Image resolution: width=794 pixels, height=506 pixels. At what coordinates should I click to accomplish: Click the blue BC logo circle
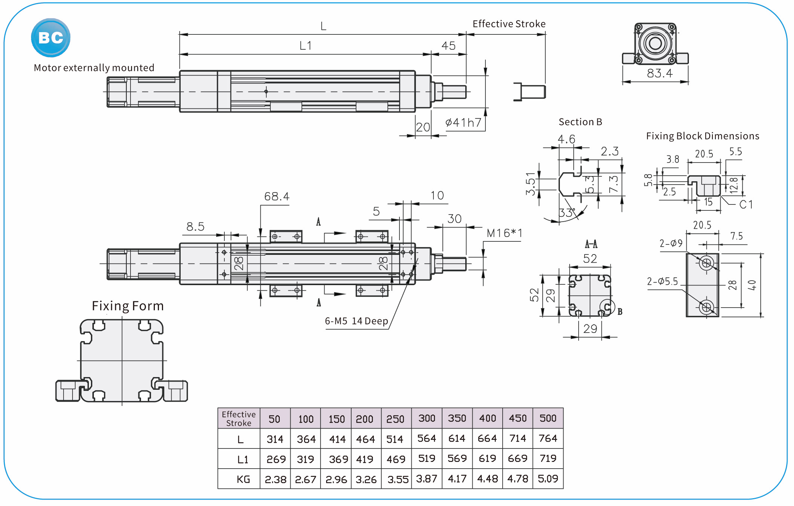coord(50,38)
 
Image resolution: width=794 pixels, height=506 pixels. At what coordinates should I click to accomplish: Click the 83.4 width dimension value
coord(660,73)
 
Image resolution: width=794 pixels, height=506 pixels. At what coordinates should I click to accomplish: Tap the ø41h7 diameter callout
coord(463,123)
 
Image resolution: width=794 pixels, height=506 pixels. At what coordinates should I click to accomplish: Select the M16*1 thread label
coord(504,233)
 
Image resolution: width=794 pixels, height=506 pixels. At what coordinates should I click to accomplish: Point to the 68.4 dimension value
coord(277,197)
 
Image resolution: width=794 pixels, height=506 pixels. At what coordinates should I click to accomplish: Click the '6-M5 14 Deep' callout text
coord(356,321)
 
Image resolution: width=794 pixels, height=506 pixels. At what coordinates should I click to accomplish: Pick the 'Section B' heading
coord(580,122)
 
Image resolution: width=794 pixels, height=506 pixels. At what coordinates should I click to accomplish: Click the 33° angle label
coord(567,213)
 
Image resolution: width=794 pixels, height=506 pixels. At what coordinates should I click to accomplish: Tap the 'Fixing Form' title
coord(128,306)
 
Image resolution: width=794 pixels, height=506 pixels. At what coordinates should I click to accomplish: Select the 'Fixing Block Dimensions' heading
coord(702,136)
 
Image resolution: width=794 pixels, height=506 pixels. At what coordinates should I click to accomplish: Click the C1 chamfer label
coord(746,204)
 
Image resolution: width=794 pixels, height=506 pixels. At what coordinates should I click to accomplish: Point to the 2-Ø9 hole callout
coord(671,244)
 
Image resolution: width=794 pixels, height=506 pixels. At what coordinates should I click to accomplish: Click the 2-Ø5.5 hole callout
coord(662,281)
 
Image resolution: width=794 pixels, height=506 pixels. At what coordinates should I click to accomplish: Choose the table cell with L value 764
coord(548,438)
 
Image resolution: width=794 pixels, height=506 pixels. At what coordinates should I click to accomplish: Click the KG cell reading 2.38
coord(276,479)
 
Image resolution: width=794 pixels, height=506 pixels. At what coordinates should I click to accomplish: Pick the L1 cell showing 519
coord(427,459)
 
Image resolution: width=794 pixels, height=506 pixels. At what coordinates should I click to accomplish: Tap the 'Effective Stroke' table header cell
coord(239,419)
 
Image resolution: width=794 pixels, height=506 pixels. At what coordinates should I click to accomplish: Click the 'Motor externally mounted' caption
coord(94,68)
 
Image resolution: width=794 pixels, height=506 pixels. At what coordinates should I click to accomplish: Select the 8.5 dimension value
coord(195,226)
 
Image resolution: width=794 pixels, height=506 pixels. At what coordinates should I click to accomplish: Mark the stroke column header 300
coord(427,418)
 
